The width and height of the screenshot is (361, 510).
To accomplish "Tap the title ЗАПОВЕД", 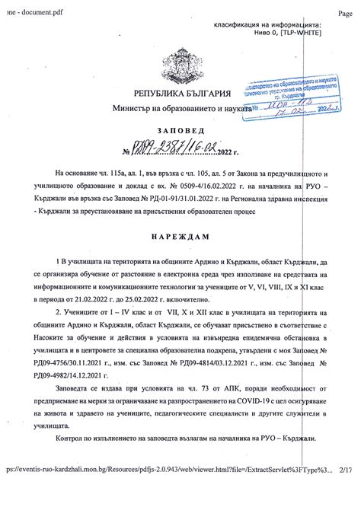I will point(180,130).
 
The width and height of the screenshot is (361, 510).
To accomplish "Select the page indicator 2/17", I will point(347,493).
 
